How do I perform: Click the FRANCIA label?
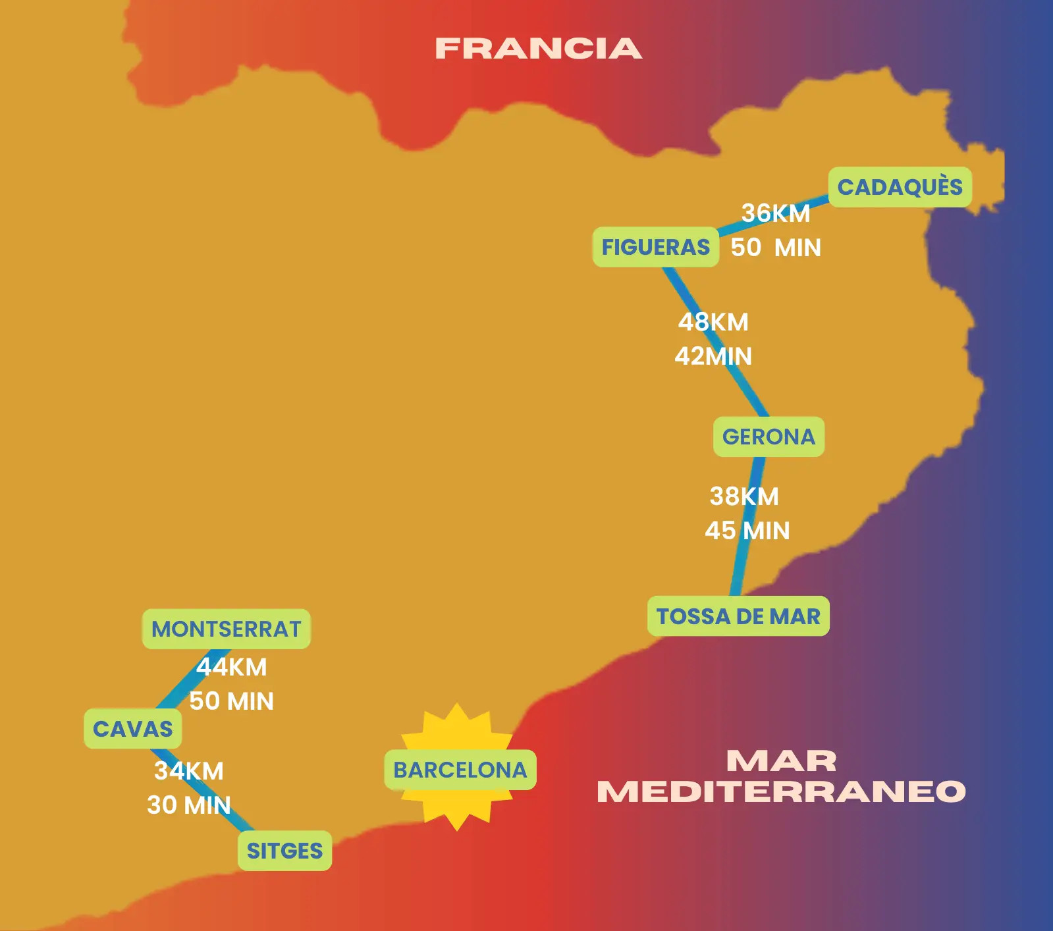[x=538, y=49]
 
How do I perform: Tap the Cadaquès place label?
[x=900, y=187]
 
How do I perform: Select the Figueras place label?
[x=655, y=247]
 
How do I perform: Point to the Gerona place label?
[x=769, y=437]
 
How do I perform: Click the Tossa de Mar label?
[x=738, y=616]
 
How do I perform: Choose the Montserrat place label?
[x=226, y=629]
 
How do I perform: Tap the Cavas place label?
[x=132, y=729]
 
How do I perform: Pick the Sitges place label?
[x=284, y=851]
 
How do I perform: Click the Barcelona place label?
[x=460, y=770]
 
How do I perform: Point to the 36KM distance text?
[x=776, y=213]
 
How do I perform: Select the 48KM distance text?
[x=713, y=322]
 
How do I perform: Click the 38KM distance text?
[x=744, y=496]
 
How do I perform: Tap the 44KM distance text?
[x=231, y=667]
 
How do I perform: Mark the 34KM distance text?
[x=189, y=771]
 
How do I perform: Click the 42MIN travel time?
[x=713, y=356]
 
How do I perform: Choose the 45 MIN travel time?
[x=747, y=531]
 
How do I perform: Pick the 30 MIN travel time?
[x=189, y=805]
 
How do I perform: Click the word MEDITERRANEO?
[x=781, y=791]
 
